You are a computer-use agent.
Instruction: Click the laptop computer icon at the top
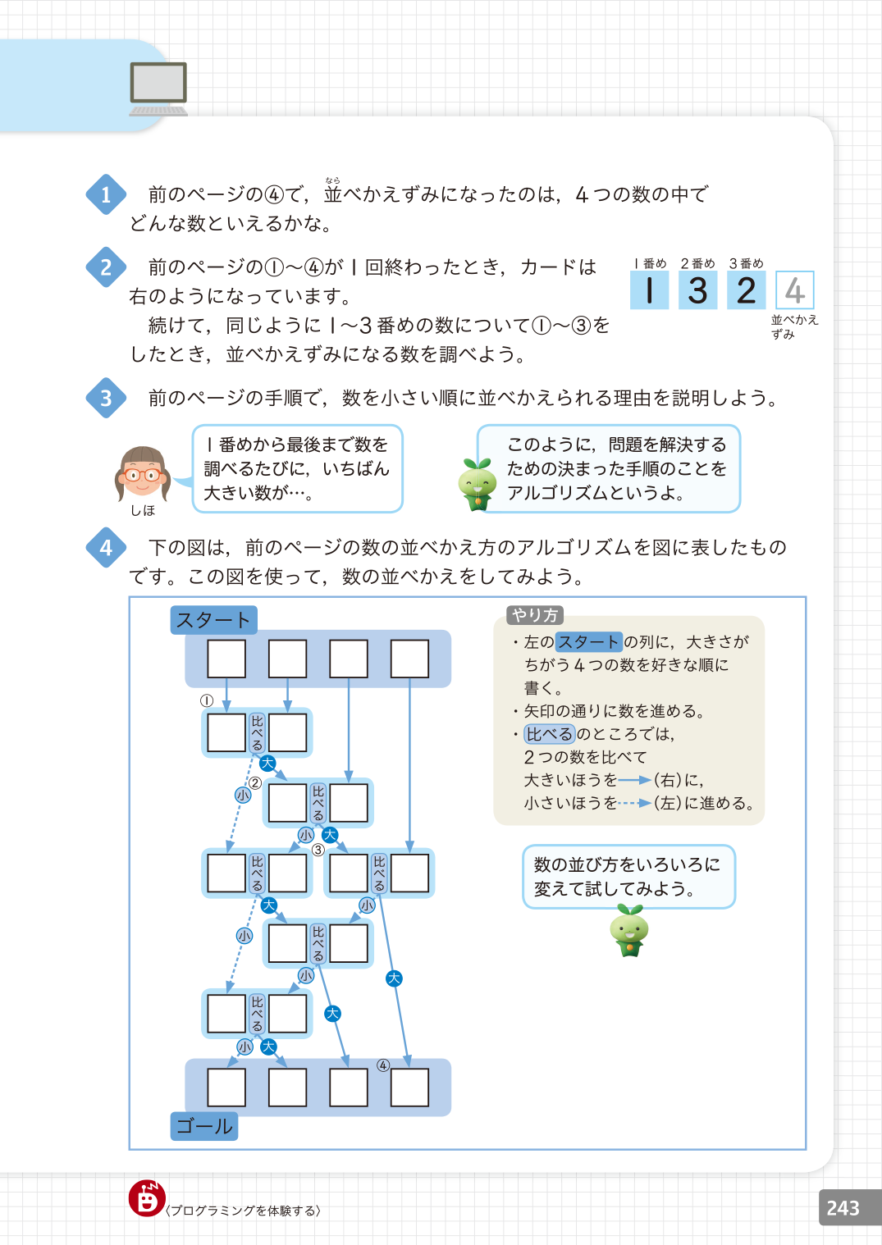point(158,88)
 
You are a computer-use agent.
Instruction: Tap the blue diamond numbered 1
point(106,195)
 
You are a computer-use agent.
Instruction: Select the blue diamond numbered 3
point(106,399)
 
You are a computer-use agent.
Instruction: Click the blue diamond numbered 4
point(106,548)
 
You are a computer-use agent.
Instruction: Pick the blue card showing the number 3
point(697,290)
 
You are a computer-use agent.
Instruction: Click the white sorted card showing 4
point(794,290)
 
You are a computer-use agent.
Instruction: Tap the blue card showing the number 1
point(649,290)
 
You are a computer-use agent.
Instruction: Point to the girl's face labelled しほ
point(142,473)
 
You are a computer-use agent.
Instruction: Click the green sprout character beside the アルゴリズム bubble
point(477,485)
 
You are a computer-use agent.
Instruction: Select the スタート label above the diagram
point(213,620)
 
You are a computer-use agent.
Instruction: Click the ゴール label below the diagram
point(204,1126)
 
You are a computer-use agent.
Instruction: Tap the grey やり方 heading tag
point(535,615)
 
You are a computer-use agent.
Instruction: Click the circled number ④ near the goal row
point(383,1065)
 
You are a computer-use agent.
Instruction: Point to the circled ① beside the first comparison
point(207,700)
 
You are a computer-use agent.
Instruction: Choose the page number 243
point(843,1208)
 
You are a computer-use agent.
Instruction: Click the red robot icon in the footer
point(147,1199)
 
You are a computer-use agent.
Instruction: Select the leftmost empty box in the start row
point(226,659)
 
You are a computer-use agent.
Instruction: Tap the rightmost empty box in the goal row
point(409,1088)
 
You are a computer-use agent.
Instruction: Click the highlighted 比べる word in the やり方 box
point(550,734)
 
